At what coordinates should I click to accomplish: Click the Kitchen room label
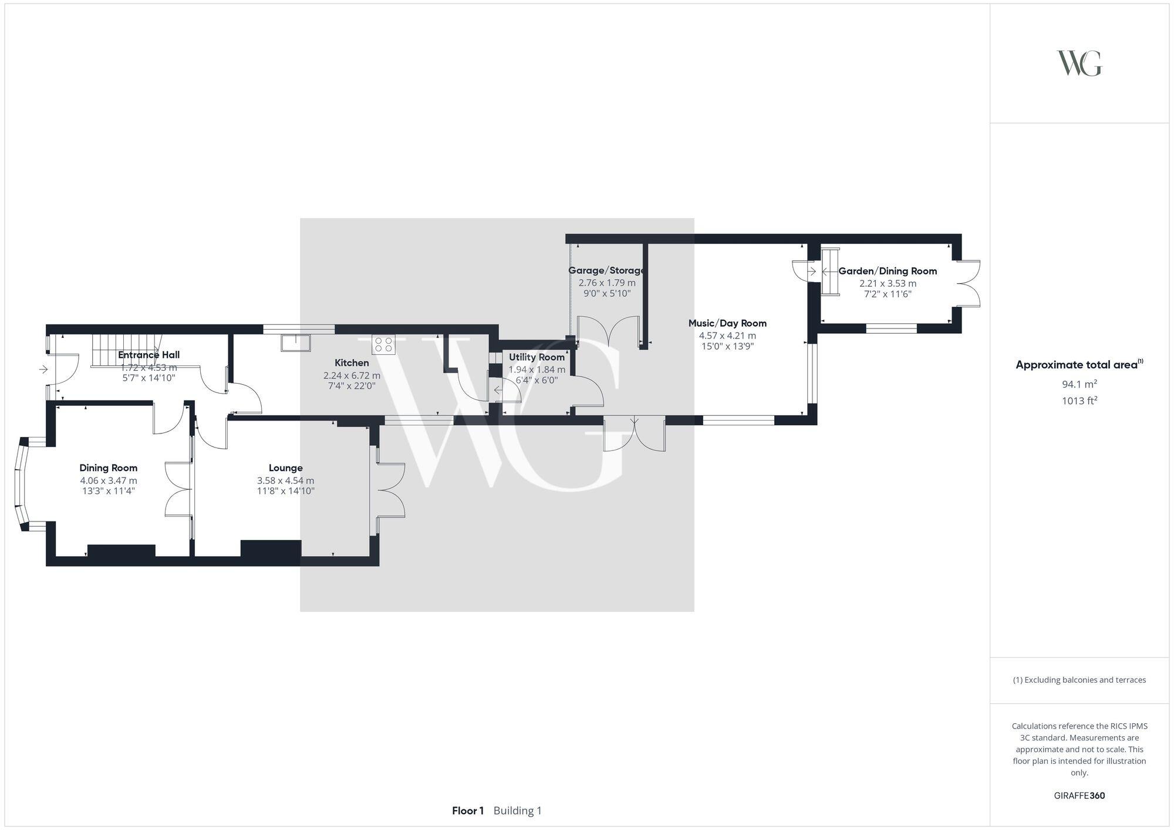coord(352,363)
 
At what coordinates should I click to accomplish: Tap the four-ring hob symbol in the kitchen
coord(383,344)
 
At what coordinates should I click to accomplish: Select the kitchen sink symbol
coord(296,343)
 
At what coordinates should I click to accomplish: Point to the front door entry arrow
coord(44,370)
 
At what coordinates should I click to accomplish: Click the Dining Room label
coord(109,468)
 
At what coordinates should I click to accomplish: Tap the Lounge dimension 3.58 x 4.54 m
coord(285,480)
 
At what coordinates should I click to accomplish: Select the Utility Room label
coord(537,357)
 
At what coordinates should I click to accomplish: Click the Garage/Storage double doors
coord(609,331)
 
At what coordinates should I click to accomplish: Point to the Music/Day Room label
coord(727,323)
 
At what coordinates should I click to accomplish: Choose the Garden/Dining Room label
coord(888,271)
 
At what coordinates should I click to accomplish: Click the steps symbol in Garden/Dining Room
coord(830,272)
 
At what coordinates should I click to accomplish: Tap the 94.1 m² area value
coord(1079,384)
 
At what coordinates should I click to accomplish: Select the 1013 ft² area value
coord(1079,401)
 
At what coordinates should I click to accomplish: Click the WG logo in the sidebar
coord(1079,63)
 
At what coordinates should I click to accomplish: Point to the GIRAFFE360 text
coord(1079,796)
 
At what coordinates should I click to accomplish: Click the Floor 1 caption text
coord(468,811)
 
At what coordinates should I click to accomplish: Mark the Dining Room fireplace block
coord(122,550)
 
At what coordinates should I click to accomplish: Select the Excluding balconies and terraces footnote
coord(1079,680)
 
